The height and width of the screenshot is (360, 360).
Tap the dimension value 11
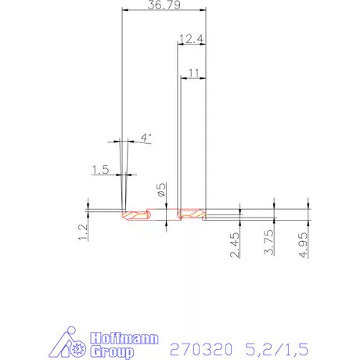[x=194, y=72]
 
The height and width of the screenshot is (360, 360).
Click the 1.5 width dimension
[x=100, y=169]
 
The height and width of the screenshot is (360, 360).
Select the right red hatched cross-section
[x=191, y=214]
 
